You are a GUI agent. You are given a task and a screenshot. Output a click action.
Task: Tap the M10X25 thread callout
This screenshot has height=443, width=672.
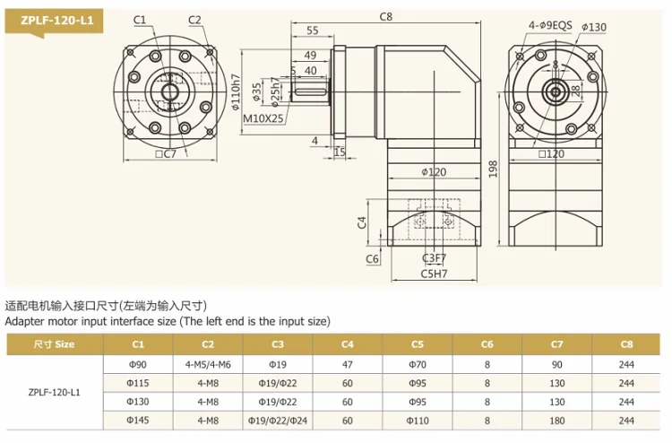tap(262, 117)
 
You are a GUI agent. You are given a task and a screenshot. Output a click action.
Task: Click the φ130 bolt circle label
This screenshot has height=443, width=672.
tap(594, 28)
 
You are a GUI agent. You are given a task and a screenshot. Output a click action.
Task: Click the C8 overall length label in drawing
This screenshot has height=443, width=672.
tap(387, 16)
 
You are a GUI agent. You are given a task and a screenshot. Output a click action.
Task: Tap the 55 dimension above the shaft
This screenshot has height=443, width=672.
tap(312, 30)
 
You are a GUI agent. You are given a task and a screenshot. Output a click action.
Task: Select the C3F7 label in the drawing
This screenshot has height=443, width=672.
tap(434, 259)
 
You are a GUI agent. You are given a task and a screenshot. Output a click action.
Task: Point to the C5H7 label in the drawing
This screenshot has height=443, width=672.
tap(434, 274)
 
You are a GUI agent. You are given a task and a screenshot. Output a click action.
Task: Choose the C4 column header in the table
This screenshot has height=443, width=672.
tap(347, 343)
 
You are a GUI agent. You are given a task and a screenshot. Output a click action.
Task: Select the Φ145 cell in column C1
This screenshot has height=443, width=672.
tap(137, 420)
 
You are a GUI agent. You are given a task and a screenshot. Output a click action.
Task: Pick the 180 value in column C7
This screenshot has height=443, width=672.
tap(556, 420)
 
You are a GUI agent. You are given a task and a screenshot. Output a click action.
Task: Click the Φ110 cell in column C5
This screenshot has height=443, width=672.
tap(417, 420)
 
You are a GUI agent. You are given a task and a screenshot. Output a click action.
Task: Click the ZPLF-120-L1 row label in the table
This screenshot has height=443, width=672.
tap(54, 392)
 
